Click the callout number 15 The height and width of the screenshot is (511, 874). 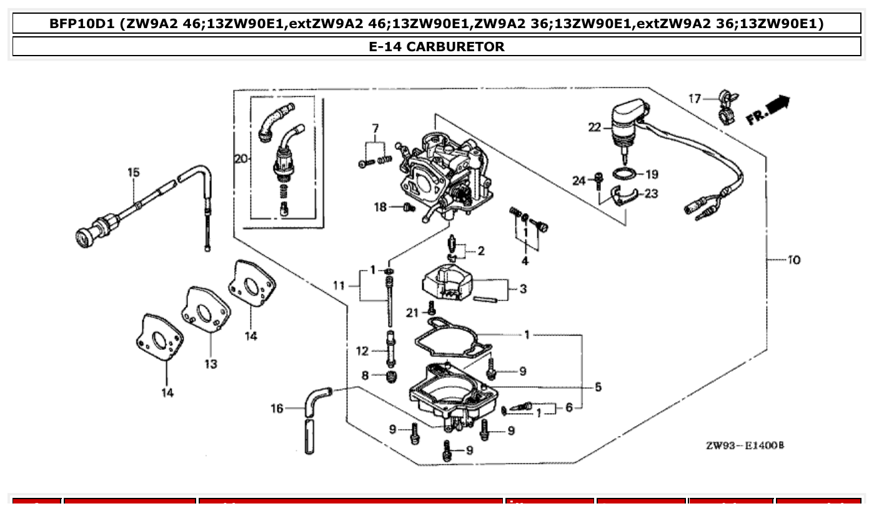click(134, 172)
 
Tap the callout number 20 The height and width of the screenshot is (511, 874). click(241, 159)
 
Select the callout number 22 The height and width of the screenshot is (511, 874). click(594, 127)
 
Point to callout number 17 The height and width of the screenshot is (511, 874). click(695, 98)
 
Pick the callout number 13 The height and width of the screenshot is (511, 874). click(211, 364)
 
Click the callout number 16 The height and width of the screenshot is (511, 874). click(277, 409)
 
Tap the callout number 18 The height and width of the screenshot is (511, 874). click(380, 207)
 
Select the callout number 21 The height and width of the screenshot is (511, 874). click(412, 312)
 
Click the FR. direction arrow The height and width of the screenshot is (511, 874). click(769, 110)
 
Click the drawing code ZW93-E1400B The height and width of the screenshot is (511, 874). click(745, 445)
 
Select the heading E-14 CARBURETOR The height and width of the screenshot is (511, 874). click(437, 46)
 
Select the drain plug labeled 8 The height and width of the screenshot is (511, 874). click(392, 376)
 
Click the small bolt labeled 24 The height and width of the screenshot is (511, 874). click(598, 179)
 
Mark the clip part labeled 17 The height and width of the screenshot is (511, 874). click(727, 107)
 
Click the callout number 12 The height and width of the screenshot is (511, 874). click(362, 351)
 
